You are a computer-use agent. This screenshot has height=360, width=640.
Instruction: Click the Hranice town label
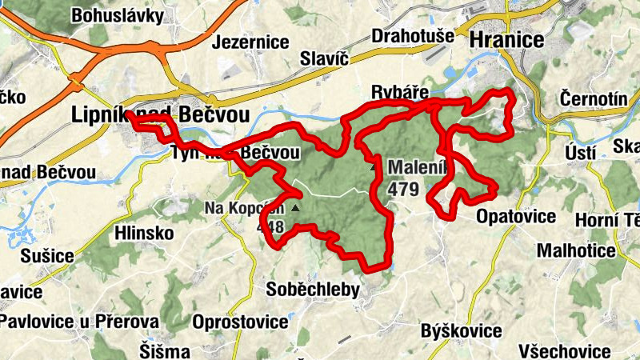506,40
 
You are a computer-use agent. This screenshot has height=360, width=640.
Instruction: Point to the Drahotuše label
413,37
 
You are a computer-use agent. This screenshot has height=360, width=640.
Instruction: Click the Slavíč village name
326,58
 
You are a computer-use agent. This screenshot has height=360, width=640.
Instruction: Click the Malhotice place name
576,250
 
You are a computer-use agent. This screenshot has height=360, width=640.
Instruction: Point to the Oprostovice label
241,322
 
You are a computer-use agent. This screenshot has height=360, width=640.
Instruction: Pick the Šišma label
164,351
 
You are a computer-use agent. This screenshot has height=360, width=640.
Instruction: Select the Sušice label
47,257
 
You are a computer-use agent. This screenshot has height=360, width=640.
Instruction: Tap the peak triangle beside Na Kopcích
295,208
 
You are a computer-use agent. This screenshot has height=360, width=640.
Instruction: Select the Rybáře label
402,90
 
